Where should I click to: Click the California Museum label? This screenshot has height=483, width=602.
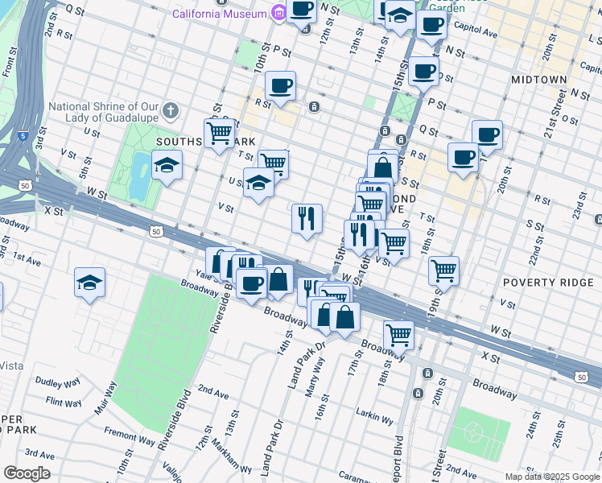[x=219, y=14]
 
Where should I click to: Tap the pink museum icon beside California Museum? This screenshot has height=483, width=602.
[x=278, y=14]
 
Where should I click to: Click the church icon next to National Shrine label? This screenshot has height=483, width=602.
[x=170, y=110]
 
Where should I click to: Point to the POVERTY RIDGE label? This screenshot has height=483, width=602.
[x=541, y=283]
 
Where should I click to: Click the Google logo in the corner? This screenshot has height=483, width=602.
[x=27, y=473]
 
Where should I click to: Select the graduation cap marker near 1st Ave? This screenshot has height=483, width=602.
[x=89, y=282]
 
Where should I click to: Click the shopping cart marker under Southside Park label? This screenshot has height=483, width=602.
[x=219, y=132]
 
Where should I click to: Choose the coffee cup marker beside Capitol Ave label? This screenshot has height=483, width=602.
[x=431, y=23]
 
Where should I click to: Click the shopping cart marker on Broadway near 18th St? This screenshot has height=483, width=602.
[x=398, y=333]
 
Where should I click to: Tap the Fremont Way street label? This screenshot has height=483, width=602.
[x=130, y=440]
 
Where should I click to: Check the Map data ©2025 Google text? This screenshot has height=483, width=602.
[x=552, y=477]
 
